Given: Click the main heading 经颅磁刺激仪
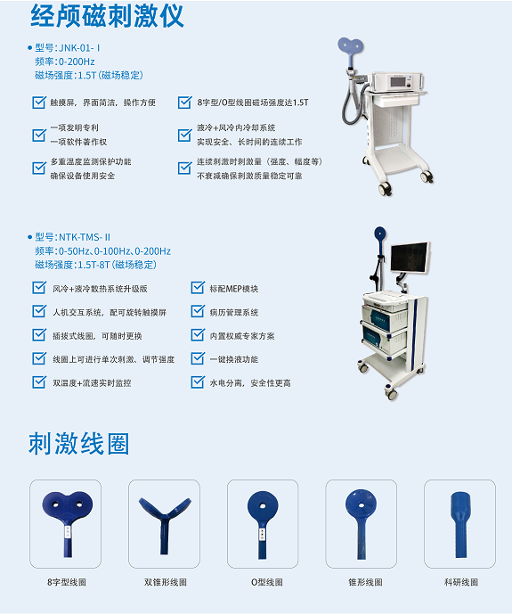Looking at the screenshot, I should point(110,16).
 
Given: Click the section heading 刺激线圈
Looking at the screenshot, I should point(79,444).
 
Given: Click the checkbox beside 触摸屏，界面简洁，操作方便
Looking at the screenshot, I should point(38,102).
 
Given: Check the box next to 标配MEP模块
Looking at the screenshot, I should point(198,288).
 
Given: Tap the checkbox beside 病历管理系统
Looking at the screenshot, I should point(198,312).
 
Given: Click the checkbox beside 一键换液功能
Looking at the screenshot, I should point(198,359).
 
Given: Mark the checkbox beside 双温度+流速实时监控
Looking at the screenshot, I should point(38,382).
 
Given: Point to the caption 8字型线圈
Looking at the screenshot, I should point(67,582).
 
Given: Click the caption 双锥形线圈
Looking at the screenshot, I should point(165,582).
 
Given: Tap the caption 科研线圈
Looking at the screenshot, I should point(460,582).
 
